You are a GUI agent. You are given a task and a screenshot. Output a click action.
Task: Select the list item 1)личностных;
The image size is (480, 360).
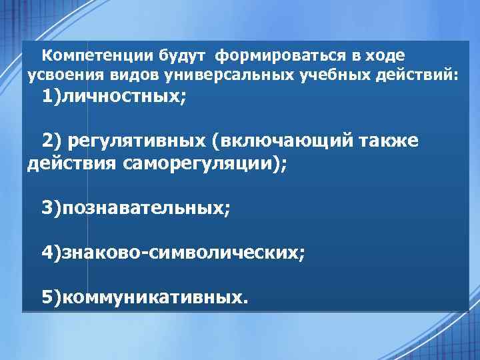coord(114,97)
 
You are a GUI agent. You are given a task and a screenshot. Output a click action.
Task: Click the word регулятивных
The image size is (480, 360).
coord(139,141)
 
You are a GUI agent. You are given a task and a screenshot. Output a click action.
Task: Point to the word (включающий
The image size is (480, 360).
coord(283,141)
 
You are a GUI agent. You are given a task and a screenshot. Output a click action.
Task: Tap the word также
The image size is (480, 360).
coord(400,141)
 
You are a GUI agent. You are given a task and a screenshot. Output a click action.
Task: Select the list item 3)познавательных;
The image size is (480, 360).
coord(137,208)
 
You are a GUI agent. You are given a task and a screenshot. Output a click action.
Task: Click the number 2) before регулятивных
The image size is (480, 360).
coord(53,141)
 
